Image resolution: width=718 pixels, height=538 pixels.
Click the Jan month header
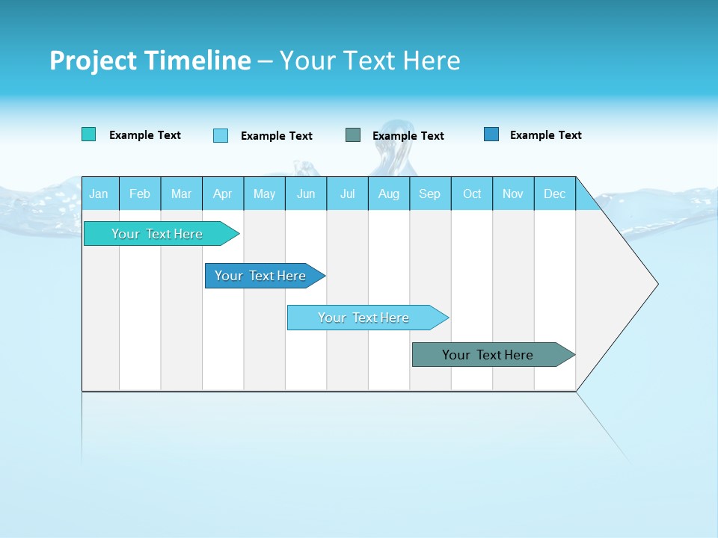pyautogui.click(x=99, y=194)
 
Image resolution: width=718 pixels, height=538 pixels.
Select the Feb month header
pyautogui.click(x=140, y=194)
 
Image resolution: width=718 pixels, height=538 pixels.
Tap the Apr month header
pyautogui.click(x=223, y=194)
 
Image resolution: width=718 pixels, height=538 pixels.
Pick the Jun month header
pyautogui.click(x=306, y=194)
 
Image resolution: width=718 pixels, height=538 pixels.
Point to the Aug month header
pyautogui.click(x=389, y=194)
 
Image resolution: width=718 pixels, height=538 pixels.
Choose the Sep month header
pyautogui.click(x=430, y=194)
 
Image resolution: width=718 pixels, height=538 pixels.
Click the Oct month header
pyautogui.click(x=472, y=194)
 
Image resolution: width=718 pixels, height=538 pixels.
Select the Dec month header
pyautogui.click(x=555, y=194)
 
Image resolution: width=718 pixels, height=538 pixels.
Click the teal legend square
pyautogui.click(x=89, y=134)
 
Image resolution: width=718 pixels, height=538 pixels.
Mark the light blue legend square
pyautogui.click(x=221, y=135)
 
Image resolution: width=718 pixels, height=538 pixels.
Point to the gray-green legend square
pyautogui.click(x=353, y=135)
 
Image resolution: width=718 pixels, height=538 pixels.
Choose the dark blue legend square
pyautogui.click(x=491, y=134)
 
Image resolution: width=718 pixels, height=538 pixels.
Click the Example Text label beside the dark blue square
pyautogui.click(x=545, y=135)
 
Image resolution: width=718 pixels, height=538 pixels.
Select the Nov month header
pyautogui.click(x=513, y=194)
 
